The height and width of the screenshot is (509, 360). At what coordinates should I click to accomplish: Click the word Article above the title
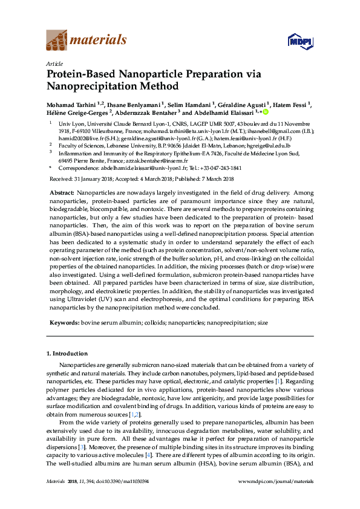tap(53, 63)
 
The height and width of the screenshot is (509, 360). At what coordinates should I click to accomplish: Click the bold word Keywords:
tap(64, 323)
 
